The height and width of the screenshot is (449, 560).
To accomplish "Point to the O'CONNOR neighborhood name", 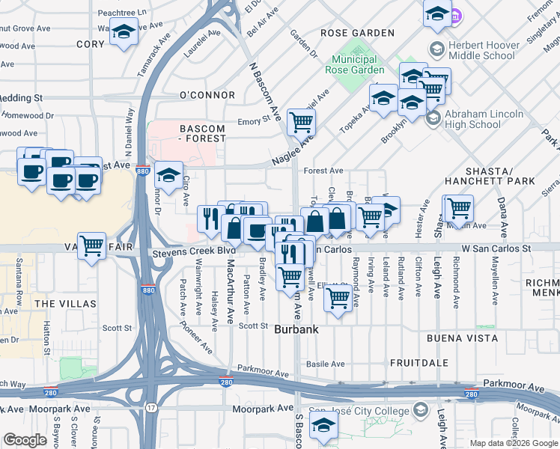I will (x=207, y=95).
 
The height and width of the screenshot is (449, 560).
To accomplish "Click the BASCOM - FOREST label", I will (x=203, y=133).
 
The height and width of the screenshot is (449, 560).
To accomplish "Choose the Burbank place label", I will (x=296, y=329).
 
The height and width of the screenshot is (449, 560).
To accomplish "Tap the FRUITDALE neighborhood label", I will (x=419, y=362).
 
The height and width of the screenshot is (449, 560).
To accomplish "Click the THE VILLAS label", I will (x=65, y=303).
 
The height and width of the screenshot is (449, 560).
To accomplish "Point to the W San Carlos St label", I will (x=496, y=248).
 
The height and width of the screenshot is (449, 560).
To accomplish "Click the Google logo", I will (x=25, y=440).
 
